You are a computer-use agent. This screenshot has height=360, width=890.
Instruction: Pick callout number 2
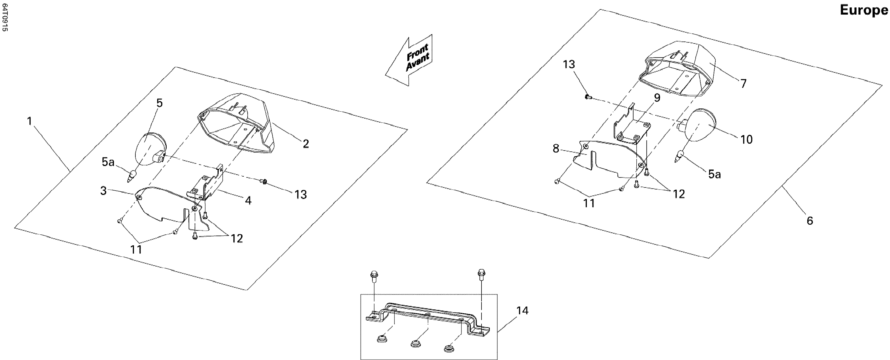pos(305,144)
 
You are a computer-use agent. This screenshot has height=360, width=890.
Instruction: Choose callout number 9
pos(657,98)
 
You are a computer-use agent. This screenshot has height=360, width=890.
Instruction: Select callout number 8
pos(556,149)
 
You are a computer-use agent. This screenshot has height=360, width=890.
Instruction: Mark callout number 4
pos(248,200)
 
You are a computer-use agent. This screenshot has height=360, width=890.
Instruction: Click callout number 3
pos(103,191)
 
